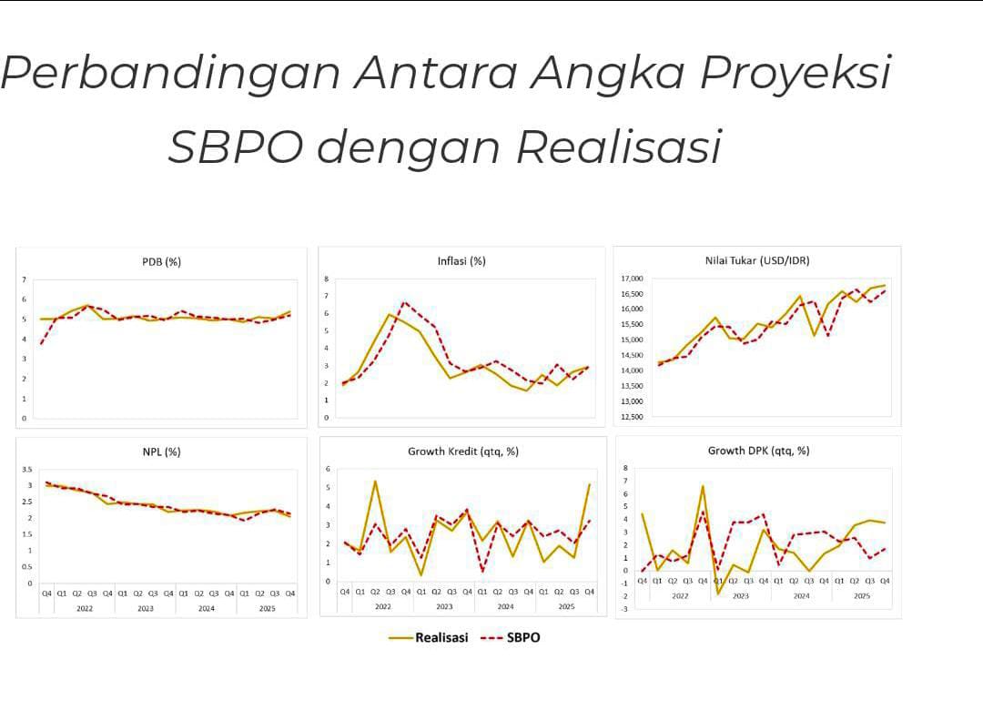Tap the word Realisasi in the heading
click(619, 147)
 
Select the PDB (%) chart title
click(161, 262)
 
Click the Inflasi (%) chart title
click(461, 261)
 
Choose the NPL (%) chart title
click(160, 451)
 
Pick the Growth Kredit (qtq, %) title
click(462, 451)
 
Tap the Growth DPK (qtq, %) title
click(758, 450)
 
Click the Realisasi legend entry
click(441, 637)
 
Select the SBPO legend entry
click(522, 637)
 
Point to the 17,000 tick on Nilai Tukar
click(632, 279)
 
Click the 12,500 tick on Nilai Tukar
click(632, 417)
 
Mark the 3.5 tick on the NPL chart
click(27, 469)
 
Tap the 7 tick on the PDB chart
click(25, 279)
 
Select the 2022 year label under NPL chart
click(84, 608)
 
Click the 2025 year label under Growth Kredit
click(566, 606)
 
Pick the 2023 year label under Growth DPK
click(741, 596)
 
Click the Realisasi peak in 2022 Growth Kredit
click(375, 482)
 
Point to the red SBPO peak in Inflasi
click(404, 302)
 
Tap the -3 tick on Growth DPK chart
click(625, 609)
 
